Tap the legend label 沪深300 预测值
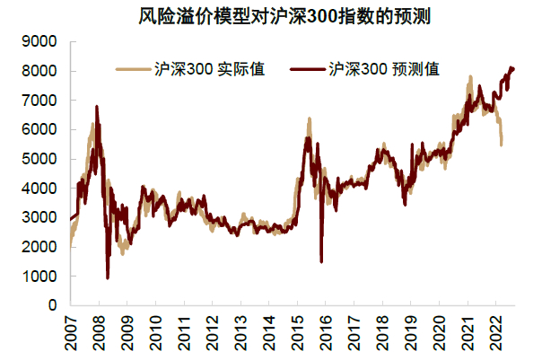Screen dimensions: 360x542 (384, 69)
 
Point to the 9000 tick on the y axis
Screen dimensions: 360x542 (40, 41)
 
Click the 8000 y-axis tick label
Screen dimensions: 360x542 (40, 71)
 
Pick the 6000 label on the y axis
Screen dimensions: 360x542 (40, 129)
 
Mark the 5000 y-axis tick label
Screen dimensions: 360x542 (40, 159)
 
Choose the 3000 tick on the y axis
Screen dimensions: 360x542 (40, 217)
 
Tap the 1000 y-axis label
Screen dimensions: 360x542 (40, 277)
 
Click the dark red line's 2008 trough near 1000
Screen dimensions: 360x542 (109, 277)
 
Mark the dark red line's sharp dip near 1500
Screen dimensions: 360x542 (321, 261)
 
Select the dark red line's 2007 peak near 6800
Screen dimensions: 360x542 (97, 107)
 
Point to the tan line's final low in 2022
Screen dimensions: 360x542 (501, 144)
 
